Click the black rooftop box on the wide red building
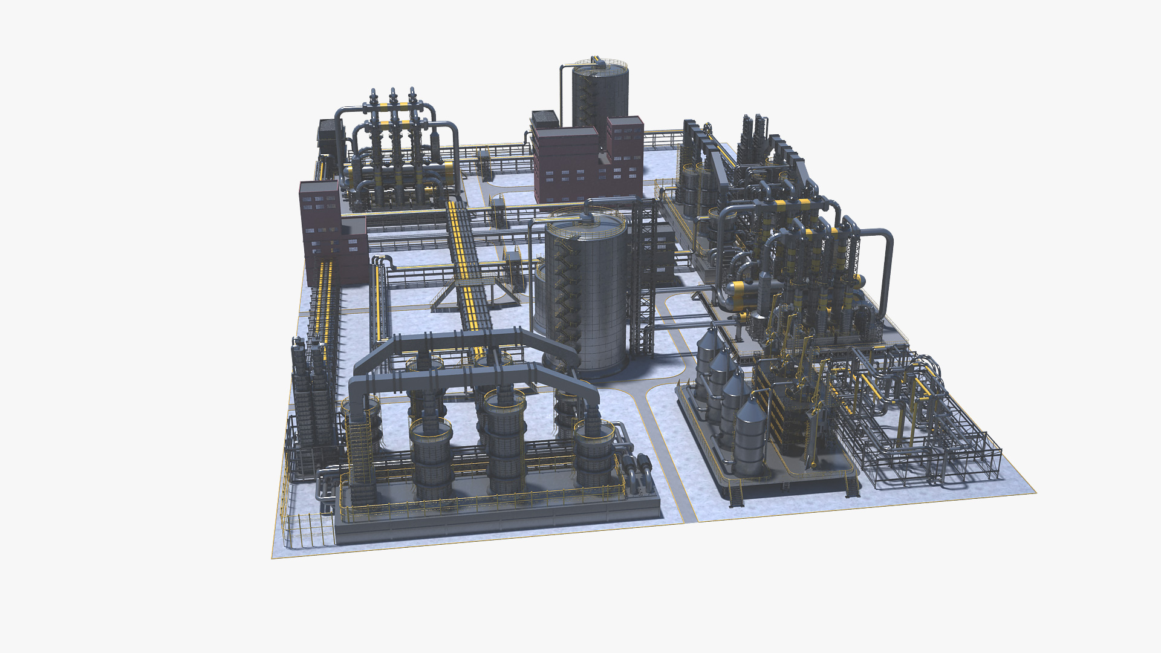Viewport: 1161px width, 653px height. click(544, 118)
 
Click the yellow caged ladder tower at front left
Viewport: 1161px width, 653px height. click(360, 460)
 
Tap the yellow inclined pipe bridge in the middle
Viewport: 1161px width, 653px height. click(466, 266)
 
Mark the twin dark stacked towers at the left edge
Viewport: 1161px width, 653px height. click(308, 393)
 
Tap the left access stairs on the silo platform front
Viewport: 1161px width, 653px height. click(736, 495)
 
